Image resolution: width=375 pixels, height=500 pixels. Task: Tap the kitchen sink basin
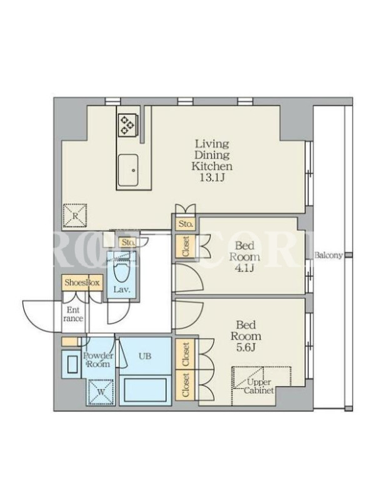[x=128, y=170]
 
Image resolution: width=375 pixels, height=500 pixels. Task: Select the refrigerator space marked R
[x=75, y=216]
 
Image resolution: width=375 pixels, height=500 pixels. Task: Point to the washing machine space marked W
[x=101, y=392]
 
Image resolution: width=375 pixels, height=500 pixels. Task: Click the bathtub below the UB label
[x=145, y=389]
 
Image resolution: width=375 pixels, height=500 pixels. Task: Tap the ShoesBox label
[x=82, y=282]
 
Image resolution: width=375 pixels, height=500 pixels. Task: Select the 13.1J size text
[x=212, y=177]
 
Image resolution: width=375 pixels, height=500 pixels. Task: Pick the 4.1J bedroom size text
[x=244, y=268]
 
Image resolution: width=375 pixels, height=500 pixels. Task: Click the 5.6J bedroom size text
[x=246, y=347]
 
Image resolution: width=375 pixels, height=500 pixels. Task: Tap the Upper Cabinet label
[x=259, y=386]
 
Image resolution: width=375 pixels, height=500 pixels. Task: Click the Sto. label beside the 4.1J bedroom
[x=186, y=224]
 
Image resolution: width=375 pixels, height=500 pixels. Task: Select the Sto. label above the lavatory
[x=129, y=242]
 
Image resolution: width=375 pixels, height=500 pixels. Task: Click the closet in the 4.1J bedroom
[x=186, y=246]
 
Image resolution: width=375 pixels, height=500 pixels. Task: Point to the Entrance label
[x=73, y=314]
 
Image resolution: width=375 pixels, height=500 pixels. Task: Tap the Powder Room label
[x=98, y=360]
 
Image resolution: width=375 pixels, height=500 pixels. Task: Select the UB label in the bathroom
[x=145, y=356]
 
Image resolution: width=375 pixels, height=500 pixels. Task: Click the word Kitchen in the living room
[x=212, y=166]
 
